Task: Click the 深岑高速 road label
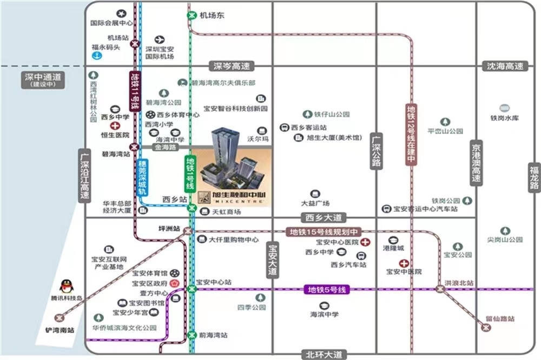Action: point(232,66)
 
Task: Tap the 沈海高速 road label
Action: point(505,66)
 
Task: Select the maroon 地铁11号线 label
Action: point(135,91)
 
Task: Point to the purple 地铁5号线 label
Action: point(327,290)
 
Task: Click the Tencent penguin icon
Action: point(65,286)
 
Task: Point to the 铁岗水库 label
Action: point(504,117)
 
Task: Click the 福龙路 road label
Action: point(535,177)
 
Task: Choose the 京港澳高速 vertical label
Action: point(476,163)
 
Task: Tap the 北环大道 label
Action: point(324,355)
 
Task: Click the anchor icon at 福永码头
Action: point(96,56)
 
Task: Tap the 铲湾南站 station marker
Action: point(59,318)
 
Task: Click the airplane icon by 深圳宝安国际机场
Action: point(160,39)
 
